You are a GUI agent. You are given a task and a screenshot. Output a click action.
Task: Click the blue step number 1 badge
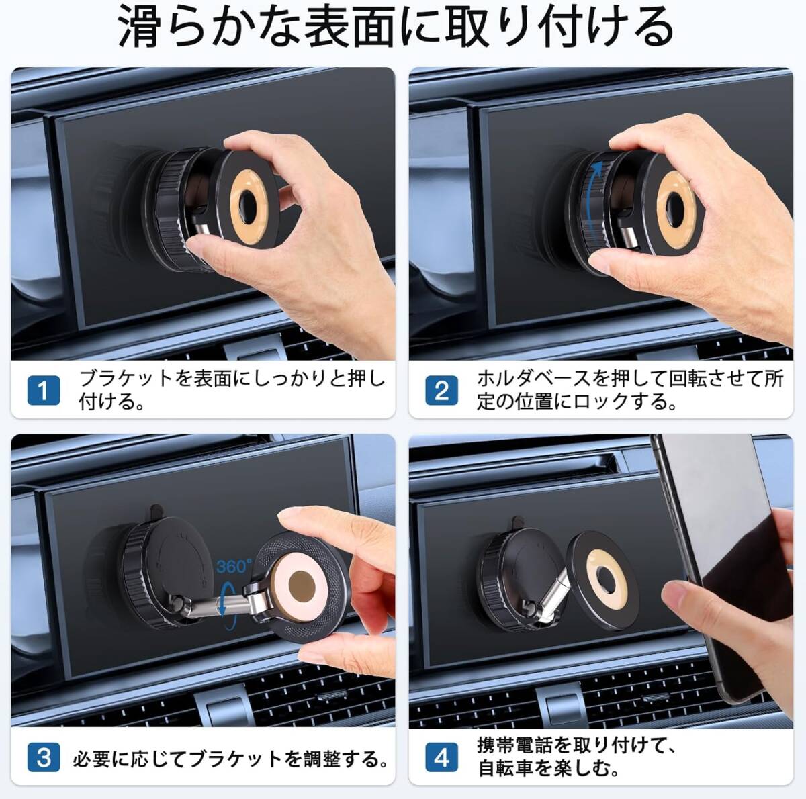click(x=44, y=390)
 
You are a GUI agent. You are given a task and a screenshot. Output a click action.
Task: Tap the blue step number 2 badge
click(x=441, y=390)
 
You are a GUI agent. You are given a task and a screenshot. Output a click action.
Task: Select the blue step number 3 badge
click(x=44, y=759)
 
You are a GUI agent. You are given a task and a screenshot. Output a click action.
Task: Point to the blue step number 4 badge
click(x=441, y=759)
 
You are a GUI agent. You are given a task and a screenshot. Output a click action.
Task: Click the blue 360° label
click(x=234, y=567)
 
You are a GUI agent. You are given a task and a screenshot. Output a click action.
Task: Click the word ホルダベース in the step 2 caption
click(x=533, y=378)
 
